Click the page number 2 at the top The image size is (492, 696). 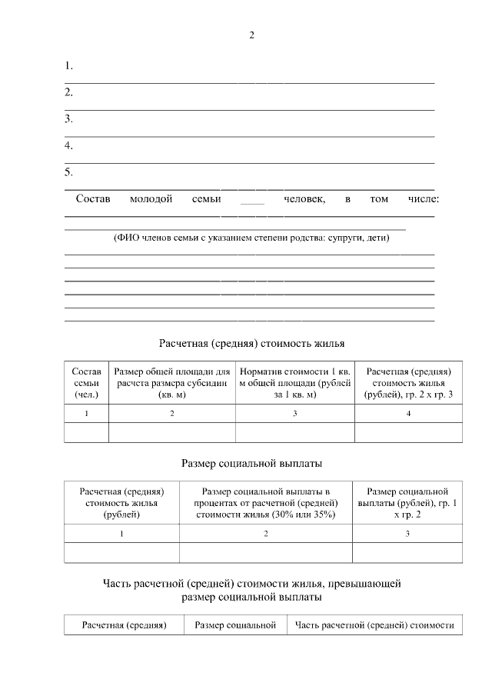[x=251, y=35]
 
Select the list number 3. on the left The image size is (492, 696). [x=68, y=118]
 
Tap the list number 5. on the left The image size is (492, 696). [x=68, y=172]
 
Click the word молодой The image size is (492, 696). [x=151, y=199]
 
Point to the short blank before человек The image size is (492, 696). [x=252, y=201]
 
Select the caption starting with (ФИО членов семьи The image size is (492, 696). [x=251, y=238]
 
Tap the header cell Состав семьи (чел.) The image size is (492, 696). [x=86, y=382]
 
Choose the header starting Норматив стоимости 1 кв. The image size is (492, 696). [x=294, y=382]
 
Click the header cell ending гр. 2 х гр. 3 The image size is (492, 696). [x=408, y=382]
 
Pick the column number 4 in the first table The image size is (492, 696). [x=408, y=414]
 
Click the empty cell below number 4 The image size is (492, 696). [x=408, y=433]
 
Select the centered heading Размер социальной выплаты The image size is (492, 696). [x=251, y=463]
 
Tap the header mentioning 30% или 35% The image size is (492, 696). [x=265, y=503]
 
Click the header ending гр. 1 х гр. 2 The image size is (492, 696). [x=407, y=503]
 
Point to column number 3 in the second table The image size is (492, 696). [x=407, y=534]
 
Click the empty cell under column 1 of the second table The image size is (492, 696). [x=121, y=553]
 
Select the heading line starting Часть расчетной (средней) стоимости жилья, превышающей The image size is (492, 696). [x=251, y=583]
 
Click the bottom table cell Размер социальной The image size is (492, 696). [x=235, y=625]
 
